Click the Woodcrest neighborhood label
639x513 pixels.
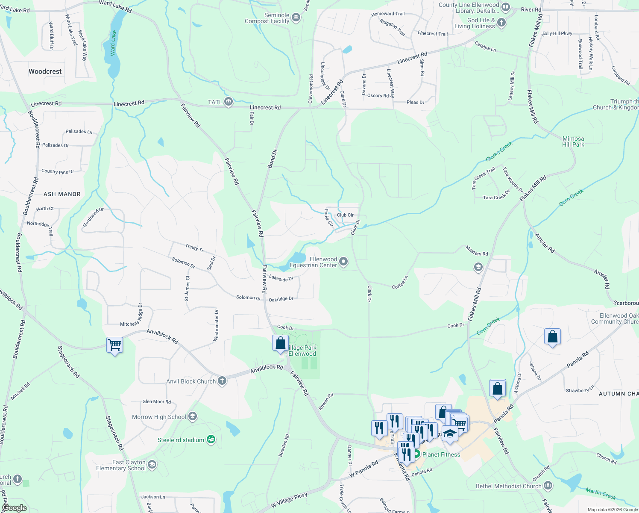[45, 71]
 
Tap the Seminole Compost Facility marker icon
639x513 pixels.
[296, 18]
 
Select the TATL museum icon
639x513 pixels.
[229, 102]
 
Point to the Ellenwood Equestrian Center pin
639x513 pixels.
[343, 262]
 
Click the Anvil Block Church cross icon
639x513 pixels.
[222, 381]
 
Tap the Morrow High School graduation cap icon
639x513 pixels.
[193, 416]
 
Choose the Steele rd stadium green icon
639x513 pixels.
[211, 439]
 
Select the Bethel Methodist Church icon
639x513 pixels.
[548, 486]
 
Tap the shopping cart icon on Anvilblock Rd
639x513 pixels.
[114, 345]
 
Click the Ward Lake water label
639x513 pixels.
[113, 43]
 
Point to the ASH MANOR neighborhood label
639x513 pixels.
[62, 194]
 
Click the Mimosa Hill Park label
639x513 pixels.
[573, 142]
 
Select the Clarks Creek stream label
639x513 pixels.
[499, 152]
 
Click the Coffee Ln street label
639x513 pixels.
[400, 282]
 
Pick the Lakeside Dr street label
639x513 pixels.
[281, 278]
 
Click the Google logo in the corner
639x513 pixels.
[14, 508]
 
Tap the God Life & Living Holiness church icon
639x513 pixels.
[501, 23]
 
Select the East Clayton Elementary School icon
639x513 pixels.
[152, 465]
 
